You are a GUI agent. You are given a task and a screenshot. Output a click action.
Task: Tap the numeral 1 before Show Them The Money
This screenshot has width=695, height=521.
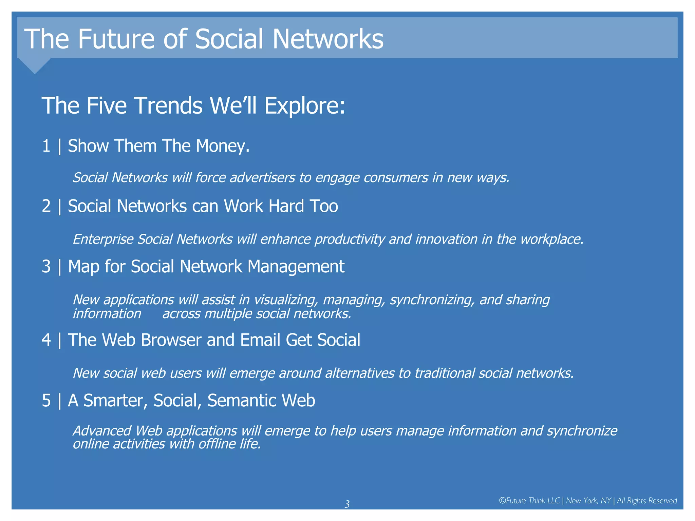(x=46, y=146)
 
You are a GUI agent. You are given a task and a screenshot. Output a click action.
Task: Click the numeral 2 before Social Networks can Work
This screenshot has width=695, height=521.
(x=46, y=206)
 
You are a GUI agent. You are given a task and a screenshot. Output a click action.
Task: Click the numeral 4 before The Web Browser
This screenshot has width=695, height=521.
(x=46, y=340)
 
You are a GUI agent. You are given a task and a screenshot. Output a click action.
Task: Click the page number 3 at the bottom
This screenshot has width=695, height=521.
(x=347, y=504)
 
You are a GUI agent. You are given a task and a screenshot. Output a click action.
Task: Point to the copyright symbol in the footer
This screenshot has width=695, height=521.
(x=502, y=501)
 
